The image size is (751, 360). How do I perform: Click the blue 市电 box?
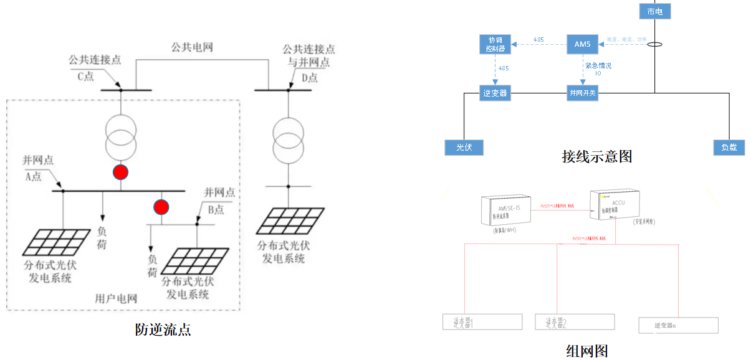click(655, 11)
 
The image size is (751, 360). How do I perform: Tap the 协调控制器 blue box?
click(495, 43)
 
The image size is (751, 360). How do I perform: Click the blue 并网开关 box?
click(583, 93)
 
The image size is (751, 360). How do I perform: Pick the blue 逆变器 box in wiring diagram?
click(495, 93)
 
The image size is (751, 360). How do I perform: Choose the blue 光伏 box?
click(464, 148)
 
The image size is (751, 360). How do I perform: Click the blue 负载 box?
click(729, 148)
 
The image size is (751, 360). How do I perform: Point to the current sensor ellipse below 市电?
click(654, 45)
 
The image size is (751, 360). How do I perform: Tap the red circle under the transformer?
click(120, 173)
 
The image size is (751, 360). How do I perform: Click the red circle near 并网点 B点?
click(161, 207)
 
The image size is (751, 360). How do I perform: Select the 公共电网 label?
click(192, 47)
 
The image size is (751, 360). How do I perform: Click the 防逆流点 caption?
click(163, 329)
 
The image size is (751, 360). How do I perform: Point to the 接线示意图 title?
click(596, 157)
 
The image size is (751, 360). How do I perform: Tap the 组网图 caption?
click(586, 351)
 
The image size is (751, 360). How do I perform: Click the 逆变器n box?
click(678, 325)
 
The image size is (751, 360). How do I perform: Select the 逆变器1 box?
click(482, 322)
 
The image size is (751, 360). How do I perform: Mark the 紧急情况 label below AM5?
click(597, 65)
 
